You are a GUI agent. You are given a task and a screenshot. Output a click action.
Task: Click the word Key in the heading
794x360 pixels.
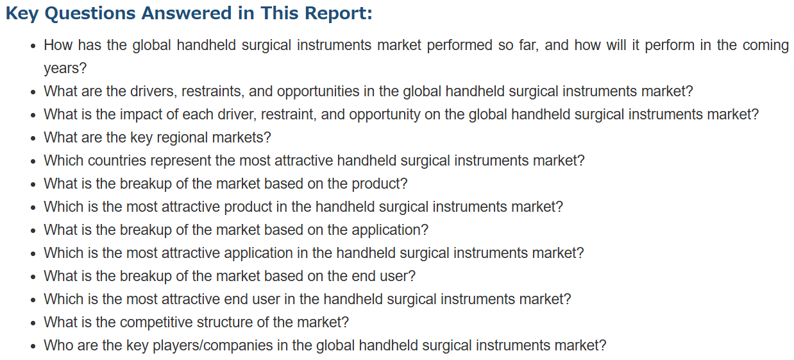click(x=22, y=14)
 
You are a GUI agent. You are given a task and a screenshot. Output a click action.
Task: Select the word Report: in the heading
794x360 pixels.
click(x=339, y=14)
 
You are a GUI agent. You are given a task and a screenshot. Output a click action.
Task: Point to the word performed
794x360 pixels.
click(x=459, y=46)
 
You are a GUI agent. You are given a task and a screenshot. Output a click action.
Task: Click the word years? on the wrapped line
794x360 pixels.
click(x=65, y=69)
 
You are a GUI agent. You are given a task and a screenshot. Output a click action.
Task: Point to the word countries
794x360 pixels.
click(x=117, y=160)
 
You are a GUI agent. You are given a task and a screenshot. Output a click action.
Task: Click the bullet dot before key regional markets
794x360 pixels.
click(x=33, y=139)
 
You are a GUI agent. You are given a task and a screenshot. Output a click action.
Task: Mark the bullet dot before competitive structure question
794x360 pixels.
click(x=33, y=323)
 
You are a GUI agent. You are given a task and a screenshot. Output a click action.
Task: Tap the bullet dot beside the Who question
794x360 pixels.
click(x=33, y=346)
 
